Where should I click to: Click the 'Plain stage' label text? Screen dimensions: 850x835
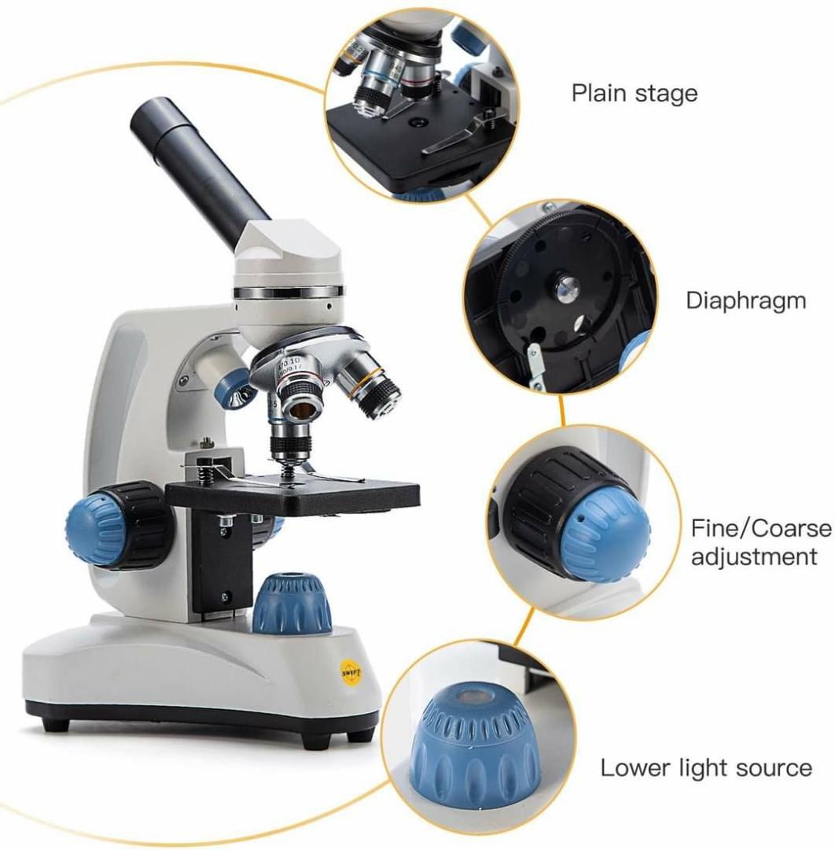pos(634,94)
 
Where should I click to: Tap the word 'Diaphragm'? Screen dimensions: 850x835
pos(745,300)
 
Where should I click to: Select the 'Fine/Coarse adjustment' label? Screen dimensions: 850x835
pos(760,541)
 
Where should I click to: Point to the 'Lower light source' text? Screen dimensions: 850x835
pos(706,767)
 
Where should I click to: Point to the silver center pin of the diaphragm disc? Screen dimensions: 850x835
pos(564,290)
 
